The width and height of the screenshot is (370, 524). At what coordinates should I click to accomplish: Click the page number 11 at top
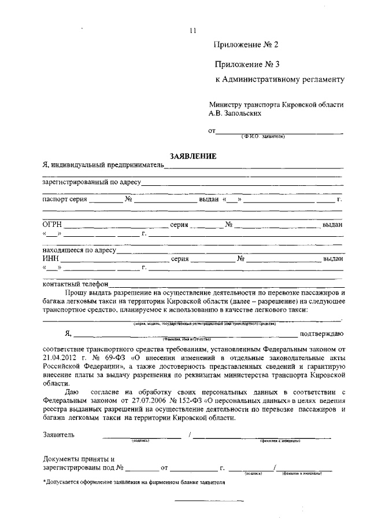pos(193,31)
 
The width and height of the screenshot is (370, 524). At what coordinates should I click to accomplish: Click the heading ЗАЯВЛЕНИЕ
pos(193,156)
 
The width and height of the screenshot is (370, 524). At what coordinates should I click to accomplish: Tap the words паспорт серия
pos(65,199)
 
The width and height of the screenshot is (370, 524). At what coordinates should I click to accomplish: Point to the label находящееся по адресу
pos(80,251)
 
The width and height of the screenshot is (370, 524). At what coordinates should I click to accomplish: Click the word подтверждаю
pos(321,334)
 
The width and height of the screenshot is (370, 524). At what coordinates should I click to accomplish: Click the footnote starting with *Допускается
pos(134,482)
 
